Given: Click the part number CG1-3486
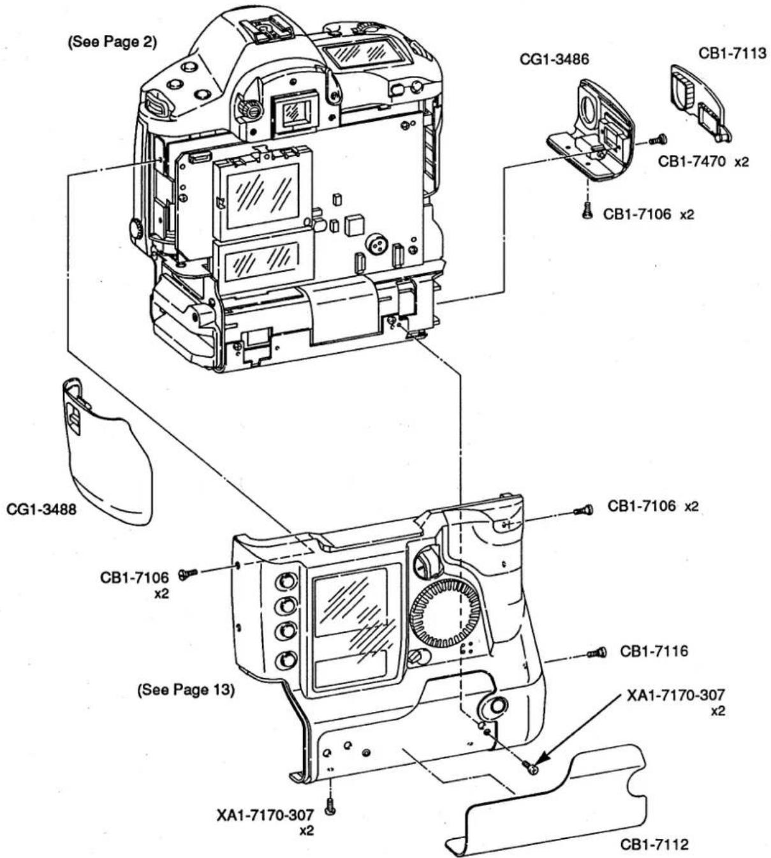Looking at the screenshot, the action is pyautogui.click(x=554, y=59).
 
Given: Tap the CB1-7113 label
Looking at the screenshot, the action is pyautogui.click(x=733, y=53).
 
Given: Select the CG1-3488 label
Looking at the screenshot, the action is pyautogui.click(x=41, y=510).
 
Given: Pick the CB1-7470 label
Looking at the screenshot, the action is pyautogui.click(x=692, y=161).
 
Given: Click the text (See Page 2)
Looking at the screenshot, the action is pyautogui.click(x=112, y=42).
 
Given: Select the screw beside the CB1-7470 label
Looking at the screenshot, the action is pyautogui.click(x=658, y=140).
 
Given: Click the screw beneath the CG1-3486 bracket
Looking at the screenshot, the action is pyautogui.click(x=587, y=211).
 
